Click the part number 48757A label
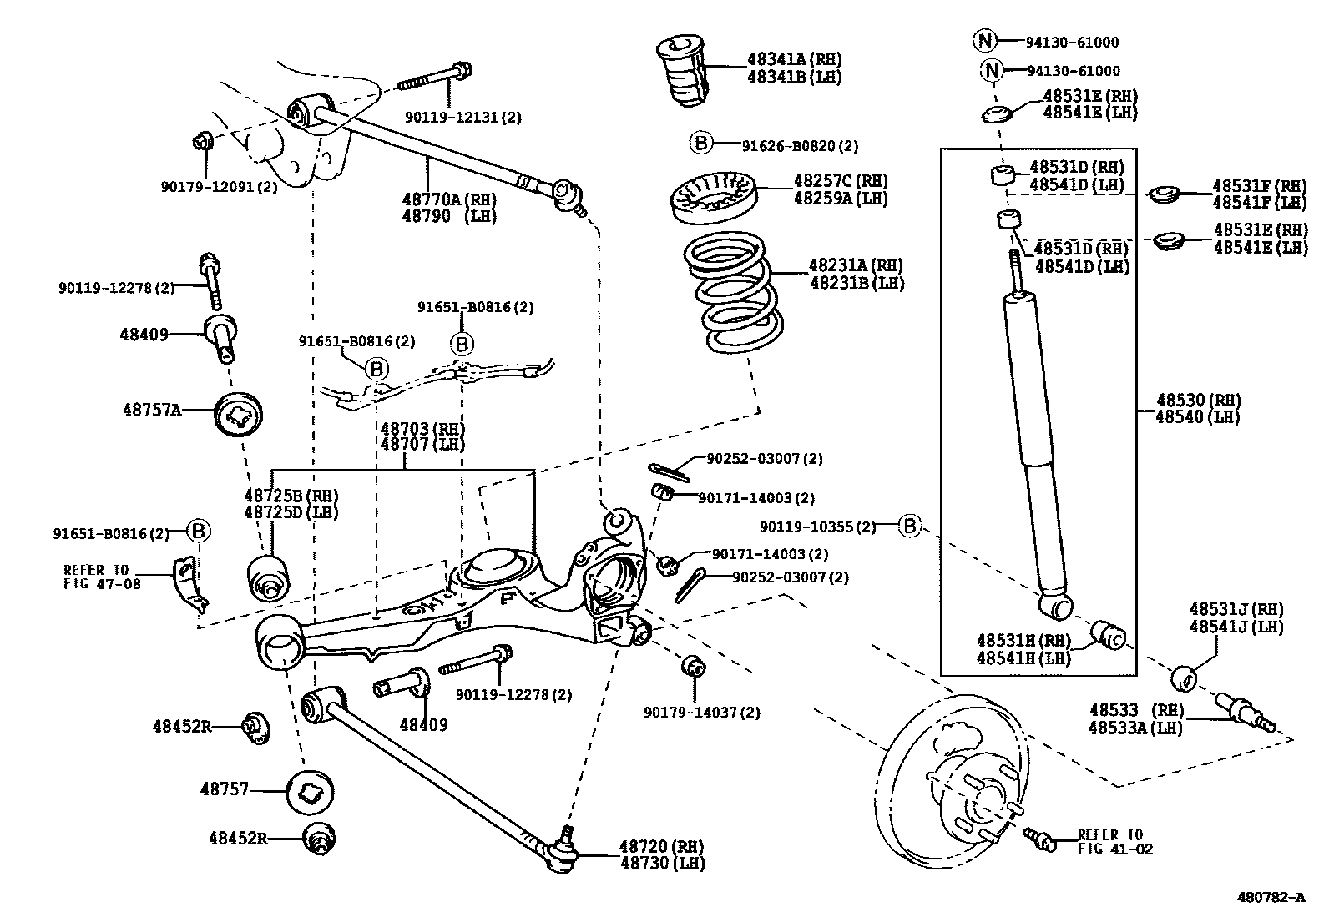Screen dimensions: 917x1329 [151, 410]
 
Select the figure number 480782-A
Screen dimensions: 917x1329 [1271, 898]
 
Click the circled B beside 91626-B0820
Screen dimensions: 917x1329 [701, 144]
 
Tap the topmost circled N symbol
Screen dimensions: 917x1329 [984, 40]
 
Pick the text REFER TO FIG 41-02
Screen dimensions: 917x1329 [1109, 841]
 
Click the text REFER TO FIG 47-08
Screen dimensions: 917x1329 [102, 577]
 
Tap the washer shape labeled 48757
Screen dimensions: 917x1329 [310, 791]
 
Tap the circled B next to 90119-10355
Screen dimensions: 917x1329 [910, 526]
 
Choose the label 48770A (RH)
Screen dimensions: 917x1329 [448, 199]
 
